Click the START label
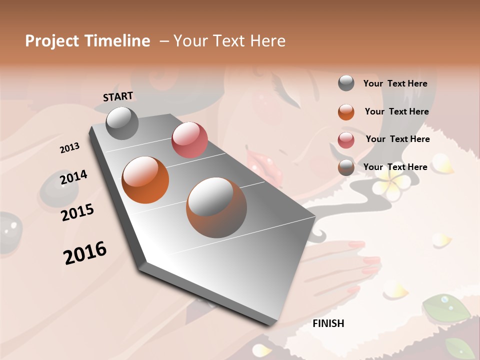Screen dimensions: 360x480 (x=118, y=96)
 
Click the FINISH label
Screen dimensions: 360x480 (x=328, y=323)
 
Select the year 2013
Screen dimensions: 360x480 (x=69, y=148)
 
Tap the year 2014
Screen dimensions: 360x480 (x=73, y=177)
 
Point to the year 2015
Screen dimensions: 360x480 (x=77, y=212)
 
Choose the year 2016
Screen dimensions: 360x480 (x=85, y=252)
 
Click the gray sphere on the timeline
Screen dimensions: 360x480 (x=122, y=123)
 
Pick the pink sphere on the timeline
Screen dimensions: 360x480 (x=189, y=139)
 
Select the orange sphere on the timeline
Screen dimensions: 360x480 (x=145, y=180)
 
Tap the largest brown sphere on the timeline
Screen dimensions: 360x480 (x=216, y=207)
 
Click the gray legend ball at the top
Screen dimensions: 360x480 (x=346, y=83)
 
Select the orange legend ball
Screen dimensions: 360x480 (x=346, y=112)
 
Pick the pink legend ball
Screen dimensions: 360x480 (x=346, y=140)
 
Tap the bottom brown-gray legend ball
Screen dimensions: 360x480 (x=346, y=167)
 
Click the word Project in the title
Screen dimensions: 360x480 (x=50, y=41)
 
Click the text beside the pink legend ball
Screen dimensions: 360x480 (x=397, y=139)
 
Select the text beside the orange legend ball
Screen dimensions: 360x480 (x=396, y=111)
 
